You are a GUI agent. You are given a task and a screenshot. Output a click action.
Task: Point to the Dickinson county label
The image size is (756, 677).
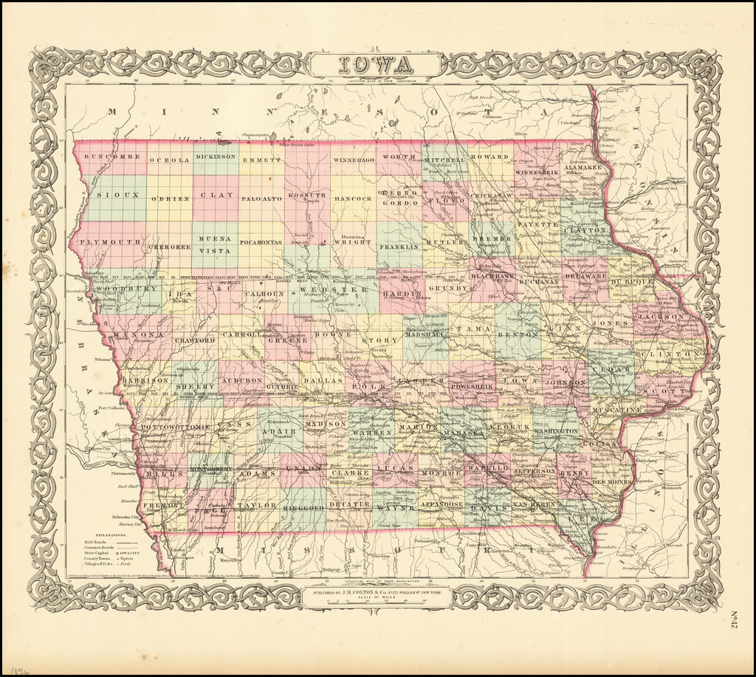coord(216,157)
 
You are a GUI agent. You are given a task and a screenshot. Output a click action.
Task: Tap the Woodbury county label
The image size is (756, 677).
coord(128,289)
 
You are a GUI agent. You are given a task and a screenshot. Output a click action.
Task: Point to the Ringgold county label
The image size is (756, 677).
coord(302,508)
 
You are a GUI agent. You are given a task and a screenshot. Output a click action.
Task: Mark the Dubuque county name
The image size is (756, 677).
coord(632,283)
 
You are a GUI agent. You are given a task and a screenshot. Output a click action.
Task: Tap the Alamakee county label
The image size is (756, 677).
coord(583,168)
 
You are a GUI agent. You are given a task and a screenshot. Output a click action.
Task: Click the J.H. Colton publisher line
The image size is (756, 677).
coord(377,591)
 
